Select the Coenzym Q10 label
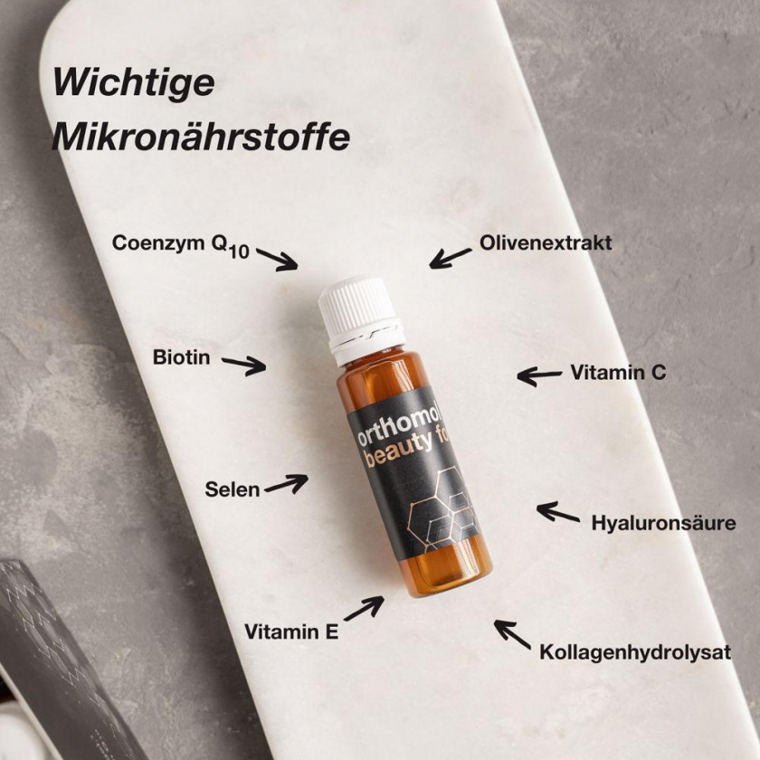click(x=181, y=245)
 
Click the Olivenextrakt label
click(x=546, y=242)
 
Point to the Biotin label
click(x=181, y=357)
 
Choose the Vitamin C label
click(x=618, y=372)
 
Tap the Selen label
click(x=233, y=489)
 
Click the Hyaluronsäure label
click(x=663, y=523)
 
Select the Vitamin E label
click(x=291, y=632)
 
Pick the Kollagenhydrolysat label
click(x=635, y=652)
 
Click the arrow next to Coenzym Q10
click(x=277, y=260)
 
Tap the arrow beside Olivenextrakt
click(x=450, y=259)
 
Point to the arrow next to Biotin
click(x=244, y=365)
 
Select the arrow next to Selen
click(x=287, y=484)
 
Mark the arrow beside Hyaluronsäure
click(x=558, y=512)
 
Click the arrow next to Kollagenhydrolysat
click(x=512, y=634)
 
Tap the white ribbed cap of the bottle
click(x=360, y=313)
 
